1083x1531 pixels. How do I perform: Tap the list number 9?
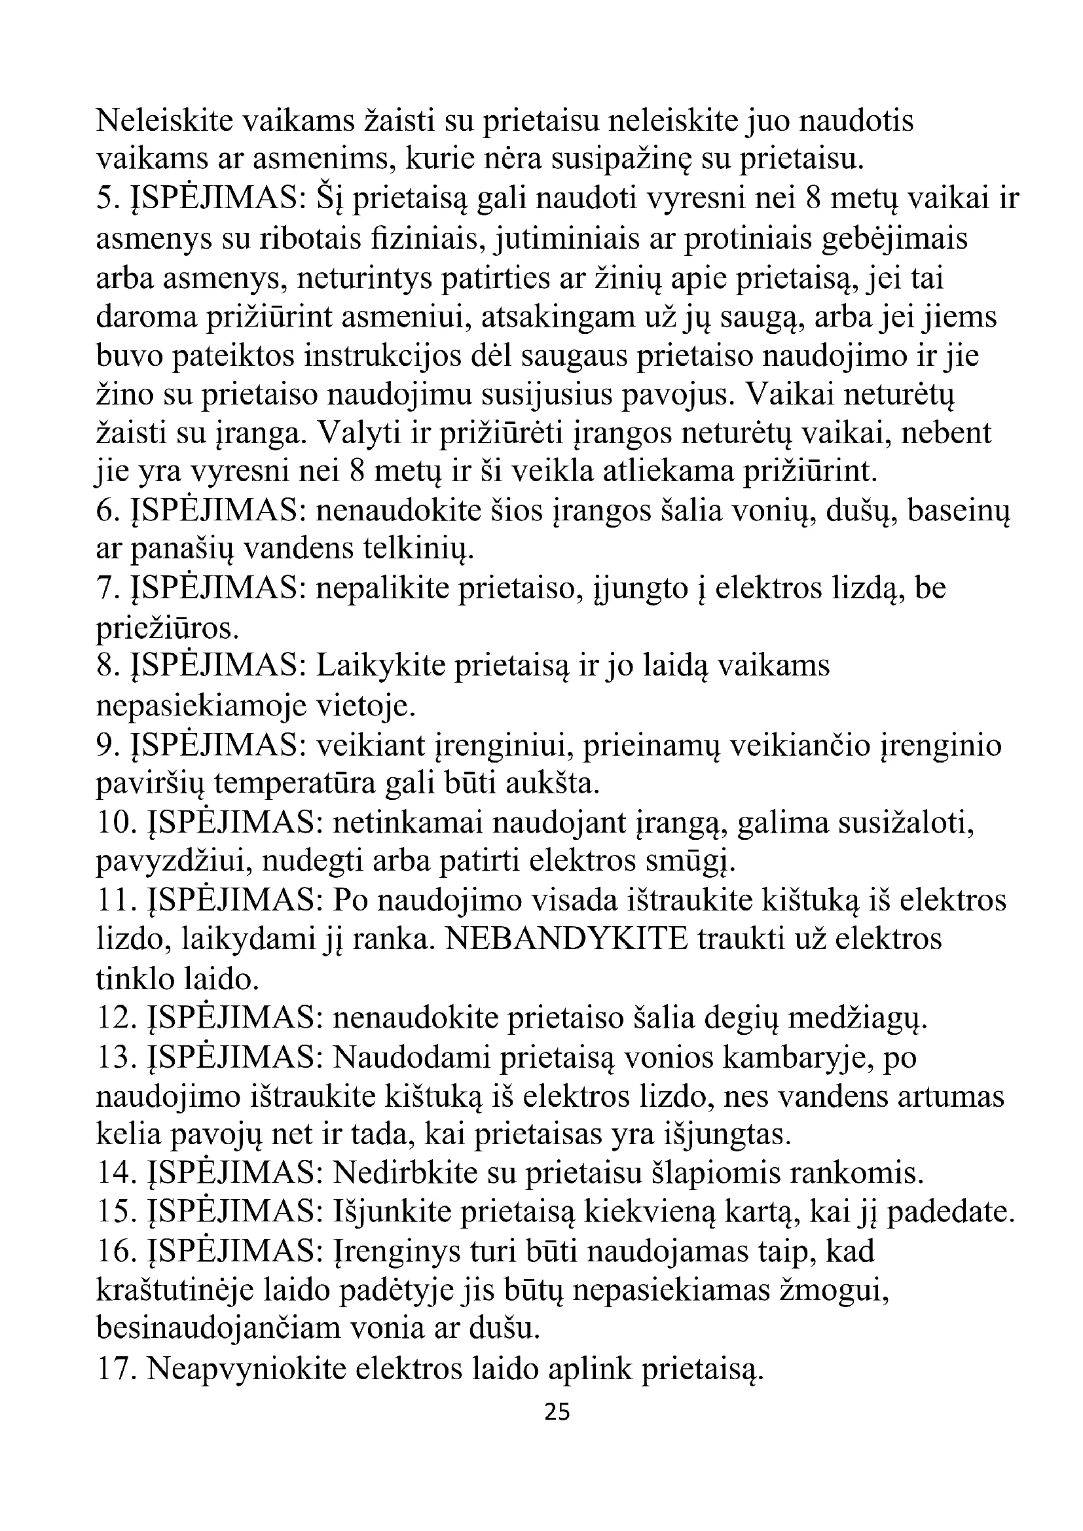tap(109, 746)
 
